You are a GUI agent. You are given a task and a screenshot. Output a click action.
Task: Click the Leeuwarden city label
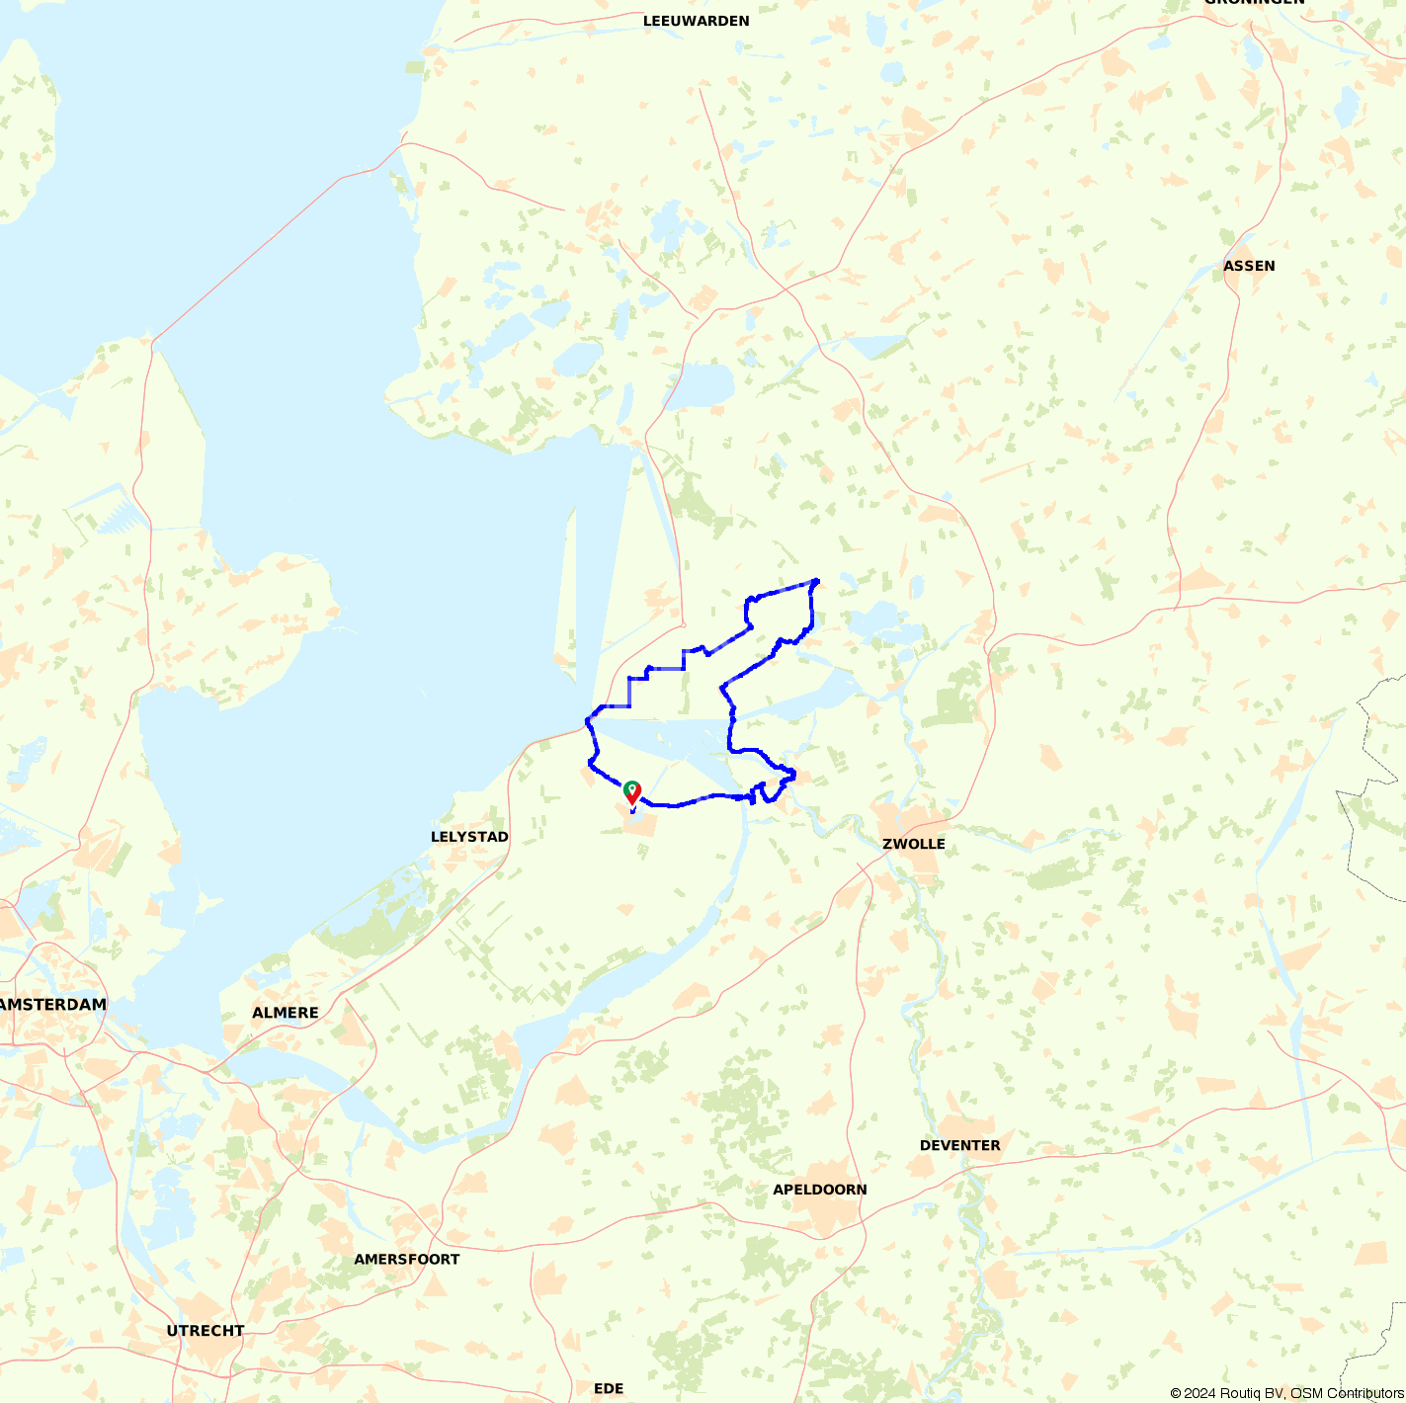click(x=696, y=21)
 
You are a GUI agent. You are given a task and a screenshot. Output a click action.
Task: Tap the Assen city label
click(x=1249, y=266)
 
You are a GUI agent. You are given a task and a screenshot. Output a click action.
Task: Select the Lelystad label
click(x=469, y=837)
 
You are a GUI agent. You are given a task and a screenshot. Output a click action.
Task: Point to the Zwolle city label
click(x=913, y=844)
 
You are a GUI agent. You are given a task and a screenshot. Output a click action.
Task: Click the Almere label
click(x=285, y=1013)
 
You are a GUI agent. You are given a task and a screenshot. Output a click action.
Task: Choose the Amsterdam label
click(x=53, y=1005)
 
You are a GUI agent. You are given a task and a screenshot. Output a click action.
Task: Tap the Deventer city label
click(x=959, y=1146)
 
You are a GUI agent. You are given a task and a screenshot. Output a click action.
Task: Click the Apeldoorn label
click(x=819, y=1190)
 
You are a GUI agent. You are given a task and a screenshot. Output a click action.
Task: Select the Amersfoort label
click(x=406, y=1260)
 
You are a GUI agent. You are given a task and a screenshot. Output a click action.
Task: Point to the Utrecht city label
click(x=205, y=1331)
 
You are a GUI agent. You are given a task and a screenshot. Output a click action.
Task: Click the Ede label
click(x=609, y=1389)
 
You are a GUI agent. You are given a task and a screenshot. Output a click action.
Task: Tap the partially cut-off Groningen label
click(x=1253, y=3)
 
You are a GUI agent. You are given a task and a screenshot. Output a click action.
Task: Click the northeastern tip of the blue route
click(x=817, y=580)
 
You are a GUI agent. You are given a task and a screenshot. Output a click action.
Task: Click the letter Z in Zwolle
click(x=886, y=844)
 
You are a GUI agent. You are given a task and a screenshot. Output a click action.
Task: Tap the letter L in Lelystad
click(x=435, y=837)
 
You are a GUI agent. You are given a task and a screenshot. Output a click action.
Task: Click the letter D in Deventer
click(x=925, y=1146)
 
